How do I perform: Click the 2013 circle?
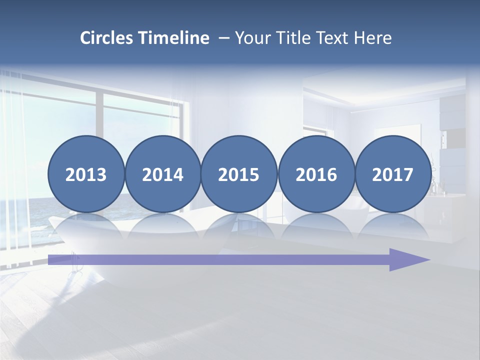coord(86,174)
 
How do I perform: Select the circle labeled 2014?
coord(162,174)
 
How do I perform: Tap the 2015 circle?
coord(239,174)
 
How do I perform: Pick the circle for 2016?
coord(316,174)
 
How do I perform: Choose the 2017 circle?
coord(392,174)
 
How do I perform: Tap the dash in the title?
coord(224,38)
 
